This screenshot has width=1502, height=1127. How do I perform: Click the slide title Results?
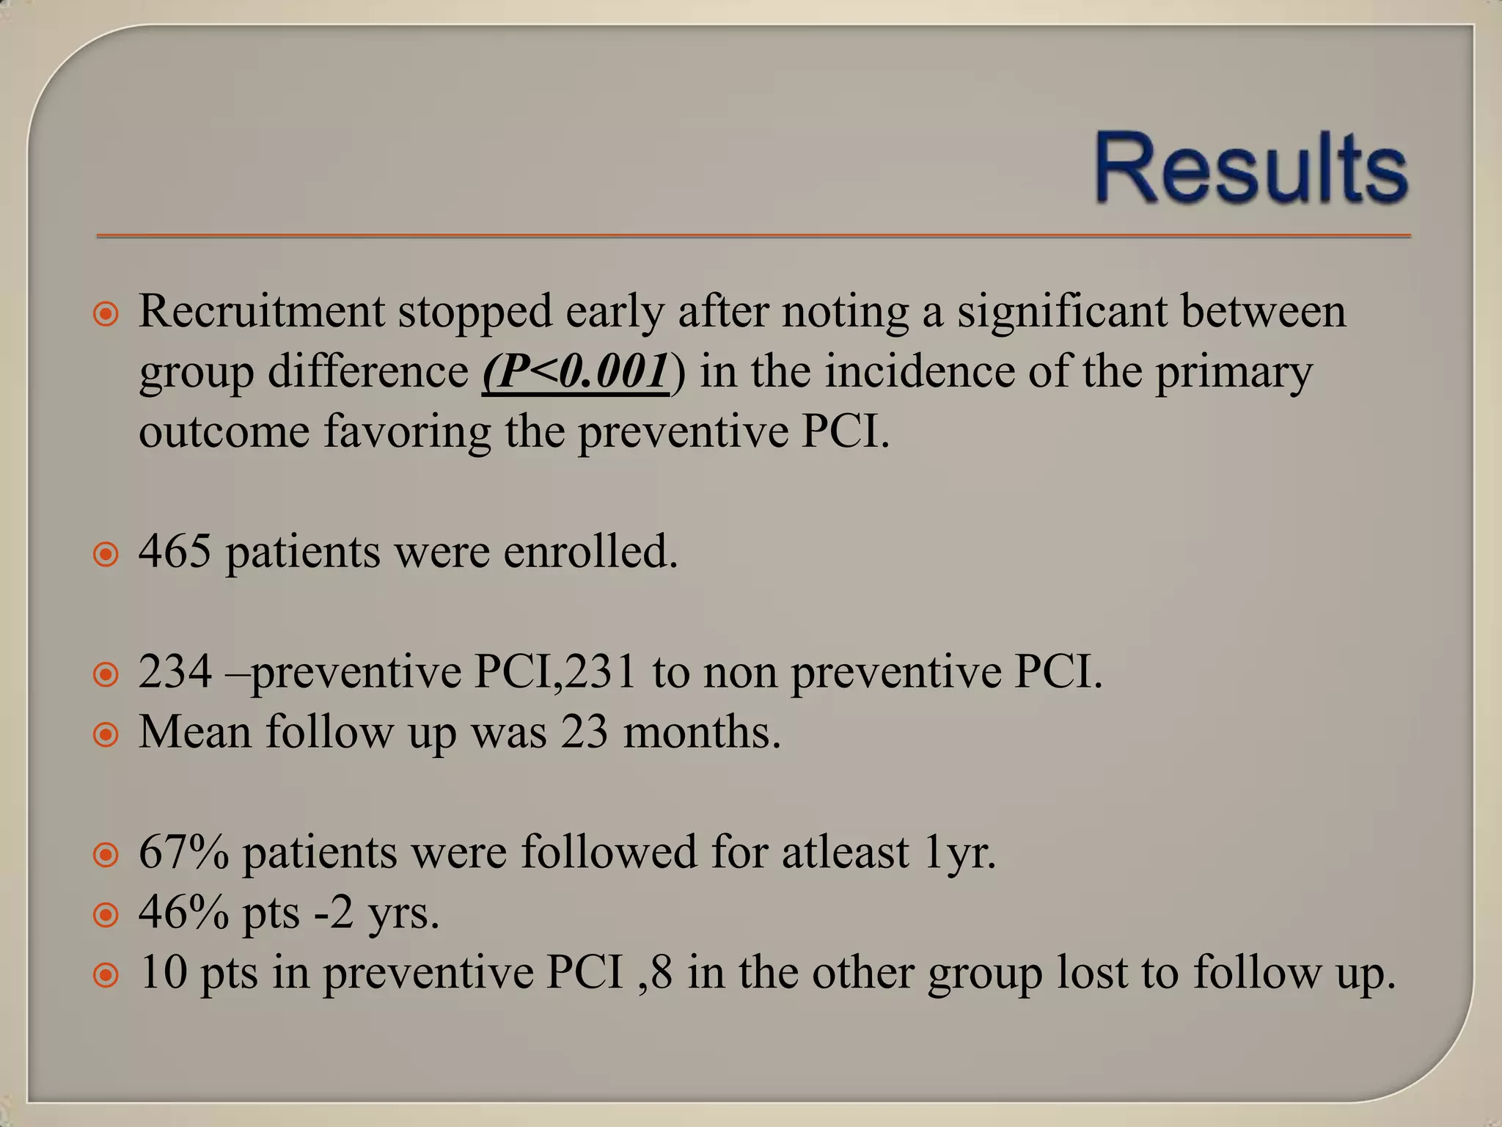pos(1251,167)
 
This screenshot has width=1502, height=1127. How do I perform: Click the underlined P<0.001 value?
pos(576,371)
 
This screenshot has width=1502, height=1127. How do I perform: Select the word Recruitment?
pos(262,311)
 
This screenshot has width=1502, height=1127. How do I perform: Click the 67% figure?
pos(183,852)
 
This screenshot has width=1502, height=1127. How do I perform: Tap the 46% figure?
pos(183,912)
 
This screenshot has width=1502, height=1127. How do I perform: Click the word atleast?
pos(845,852)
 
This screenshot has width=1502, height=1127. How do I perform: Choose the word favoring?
pos(407,431)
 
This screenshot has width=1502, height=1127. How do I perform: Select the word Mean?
pos(195,732)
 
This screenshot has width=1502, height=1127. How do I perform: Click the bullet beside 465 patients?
pos(106,554)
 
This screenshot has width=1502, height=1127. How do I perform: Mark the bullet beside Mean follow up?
pos(106,734)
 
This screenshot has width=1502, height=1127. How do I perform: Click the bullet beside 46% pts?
pos(106,915)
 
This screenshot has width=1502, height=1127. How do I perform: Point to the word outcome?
pos(224,431)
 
